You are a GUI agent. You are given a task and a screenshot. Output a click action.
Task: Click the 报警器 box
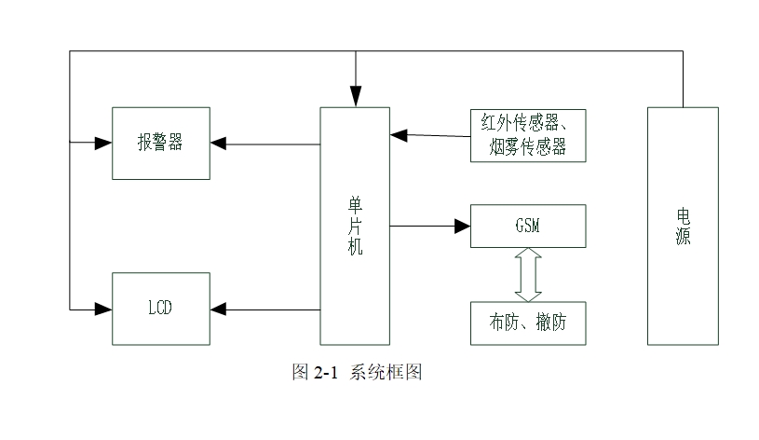tap(160, 143)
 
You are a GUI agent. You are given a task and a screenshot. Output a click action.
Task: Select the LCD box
tap(160, 307)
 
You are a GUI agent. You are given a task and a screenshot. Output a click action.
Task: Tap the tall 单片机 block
tap(355, 225)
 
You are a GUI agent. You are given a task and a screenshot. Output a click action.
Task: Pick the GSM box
tap(528, 226)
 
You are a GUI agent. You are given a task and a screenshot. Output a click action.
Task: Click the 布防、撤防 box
tap(528, 323)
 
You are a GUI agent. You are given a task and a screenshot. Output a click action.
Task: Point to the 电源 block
tap(683, 225)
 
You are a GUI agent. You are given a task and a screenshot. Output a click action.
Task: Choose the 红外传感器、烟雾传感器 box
tap(528, 135)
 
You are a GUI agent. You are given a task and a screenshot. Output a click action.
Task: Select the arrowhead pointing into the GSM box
tap(463, 226)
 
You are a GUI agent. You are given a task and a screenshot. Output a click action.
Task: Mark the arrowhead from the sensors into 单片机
tap(399, 135)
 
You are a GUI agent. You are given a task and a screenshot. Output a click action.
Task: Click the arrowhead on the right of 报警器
tap(218, 144)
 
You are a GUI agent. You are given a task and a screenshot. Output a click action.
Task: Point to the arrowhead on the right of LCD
tap(218, 308)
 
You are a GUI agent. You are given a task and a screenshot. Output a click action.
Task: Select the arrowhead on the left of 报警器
tap(103, 144)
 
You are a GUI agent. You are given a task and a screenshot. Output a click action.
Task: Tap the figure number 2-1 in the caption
tap(326, 373)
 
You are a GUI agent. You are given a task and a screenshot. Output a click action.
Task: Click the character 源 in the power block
tap(683, 238)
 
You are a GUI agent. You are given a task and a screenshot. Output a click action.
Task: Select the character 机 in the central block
tap(355, 248)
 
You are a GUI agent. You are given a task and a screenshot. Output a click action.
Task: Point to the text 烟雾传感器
tap(528, 146)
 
